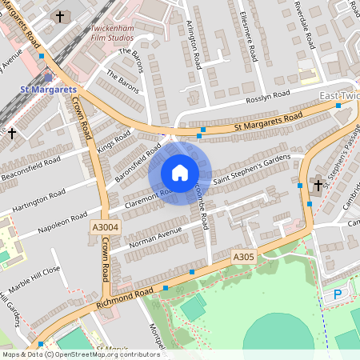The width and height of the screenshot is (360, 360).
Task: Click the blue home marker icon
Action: coord(180,173)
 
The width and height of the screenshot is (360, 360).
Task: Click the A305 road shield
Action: coord(243,257)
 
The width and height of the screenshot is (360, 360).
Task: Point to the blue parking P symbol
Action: coord(337,294)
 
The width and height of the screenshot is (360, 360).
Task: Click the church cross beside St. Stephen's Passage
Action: coord(318,186)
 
